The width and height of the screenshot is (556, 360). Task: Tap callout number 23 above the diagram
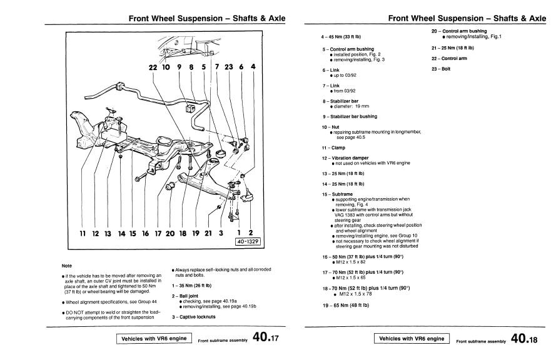(x=229, y=66)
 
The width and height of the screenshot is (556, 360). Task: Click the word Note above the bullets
(x=67, y=266)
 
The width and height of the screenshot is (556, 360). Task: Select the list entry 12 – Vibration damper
(x=346, y=157)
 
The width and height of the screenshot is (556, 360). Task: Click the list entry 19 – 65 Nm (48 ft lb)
(x=346, y=304)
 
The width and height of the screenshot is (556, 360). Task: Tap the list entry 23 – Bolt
(x=441, y=68)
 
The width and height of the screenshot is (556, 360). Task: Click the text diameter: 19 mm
(x=354, y=106)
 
